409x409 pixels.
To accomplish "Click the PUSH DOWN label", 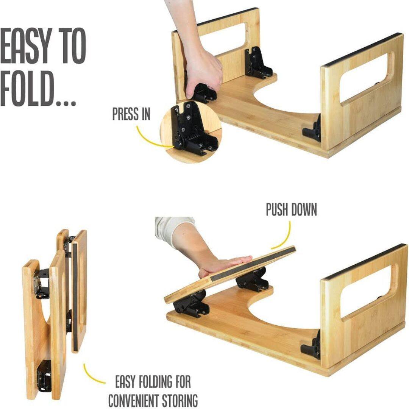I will tap(291, 210).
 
